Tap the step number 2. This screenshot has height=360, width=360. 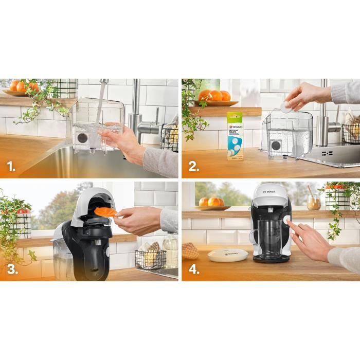pyautogui.click(x=193, y=167)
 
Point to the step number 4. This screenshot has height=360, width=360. pyautogui.click(x=194, y=269)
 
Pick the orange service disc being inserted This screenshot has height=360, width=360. pyautogui.click(x=106, y=211)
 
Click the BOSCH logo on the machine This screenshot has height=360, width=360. pyautogui.click(x=269, y=191)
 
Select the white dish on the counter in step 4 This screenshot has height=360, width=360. pyautogui.click(x=227, y=255)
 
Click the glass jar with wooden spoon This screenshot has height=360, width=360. pyautogui.click(x=313, y=201)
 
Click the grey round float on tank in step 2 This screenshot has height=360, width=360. pyautogui.click(x=276, y=145)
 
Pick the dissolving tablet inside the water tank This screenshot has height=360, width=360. pyautogui.click(x=298, y=150)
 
